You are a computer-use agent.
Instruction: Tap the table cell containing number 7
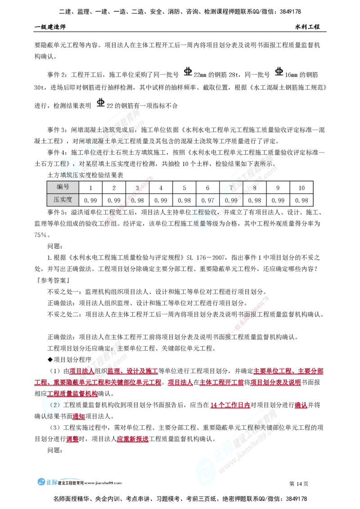[231, 188]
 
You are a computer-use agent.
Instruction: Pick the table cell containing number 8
[254, 188]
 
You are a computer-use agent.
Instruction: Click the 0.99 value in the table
[231, 200]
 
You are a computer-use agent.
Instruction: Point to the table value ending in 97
[211, 200]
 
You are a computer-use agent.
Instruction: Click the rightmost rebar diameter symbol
[279, 72]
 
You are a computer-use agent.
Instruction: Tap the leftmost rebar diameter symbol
[100, 103]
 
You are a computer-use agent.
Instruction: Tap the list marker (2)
[47, 405]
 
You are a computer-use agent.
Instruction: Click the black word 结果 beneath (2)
[63, 416]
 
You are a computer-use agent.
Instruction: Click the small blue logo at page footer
[47, 482]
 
